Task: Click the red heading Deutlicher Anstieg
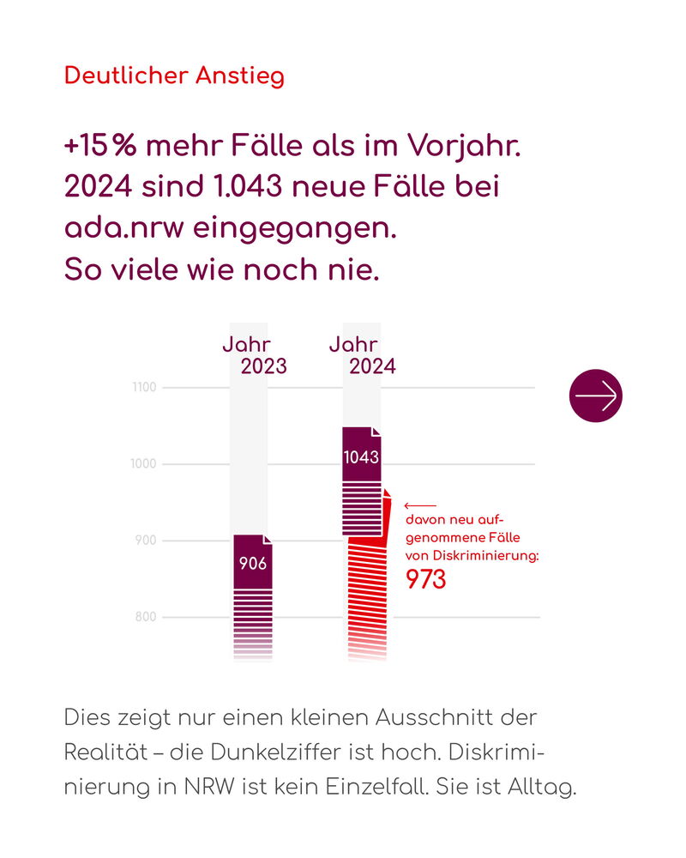(174, 76)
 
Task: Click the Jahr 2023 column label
(254, 355)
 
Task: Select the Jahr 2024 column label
(362, 355)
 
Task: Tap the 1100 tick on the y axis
(144, 388)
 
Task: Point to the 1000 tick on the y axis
(144, 464)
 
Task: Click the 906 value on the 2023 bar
(252, 564)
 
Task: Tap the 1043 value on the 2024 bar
(361, 457)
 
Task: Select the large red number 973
(425, 580)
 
